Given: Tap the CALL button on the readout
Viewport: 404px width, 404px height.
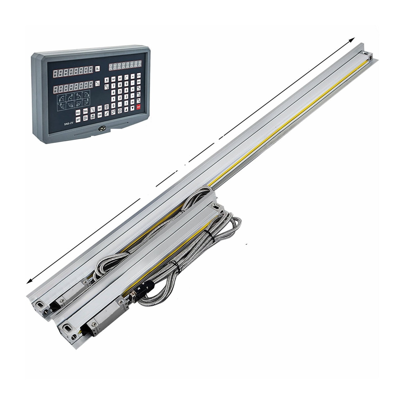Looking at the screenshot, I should tap(78, 112).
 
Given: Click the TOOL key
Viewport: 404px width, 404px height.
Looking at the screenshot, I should tap(85, 111).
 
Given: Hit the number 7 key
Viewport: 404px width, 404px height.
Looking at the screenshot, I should tap(113, 85).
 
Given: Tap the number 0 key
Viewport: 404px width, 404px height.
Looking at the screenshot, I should tap(113, 105).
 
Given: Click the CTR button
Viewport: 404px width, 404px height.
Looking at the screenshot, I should tap(139, 75).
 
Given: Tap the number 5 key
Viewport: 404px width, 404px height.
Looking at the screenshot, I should tap(120, 91).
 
